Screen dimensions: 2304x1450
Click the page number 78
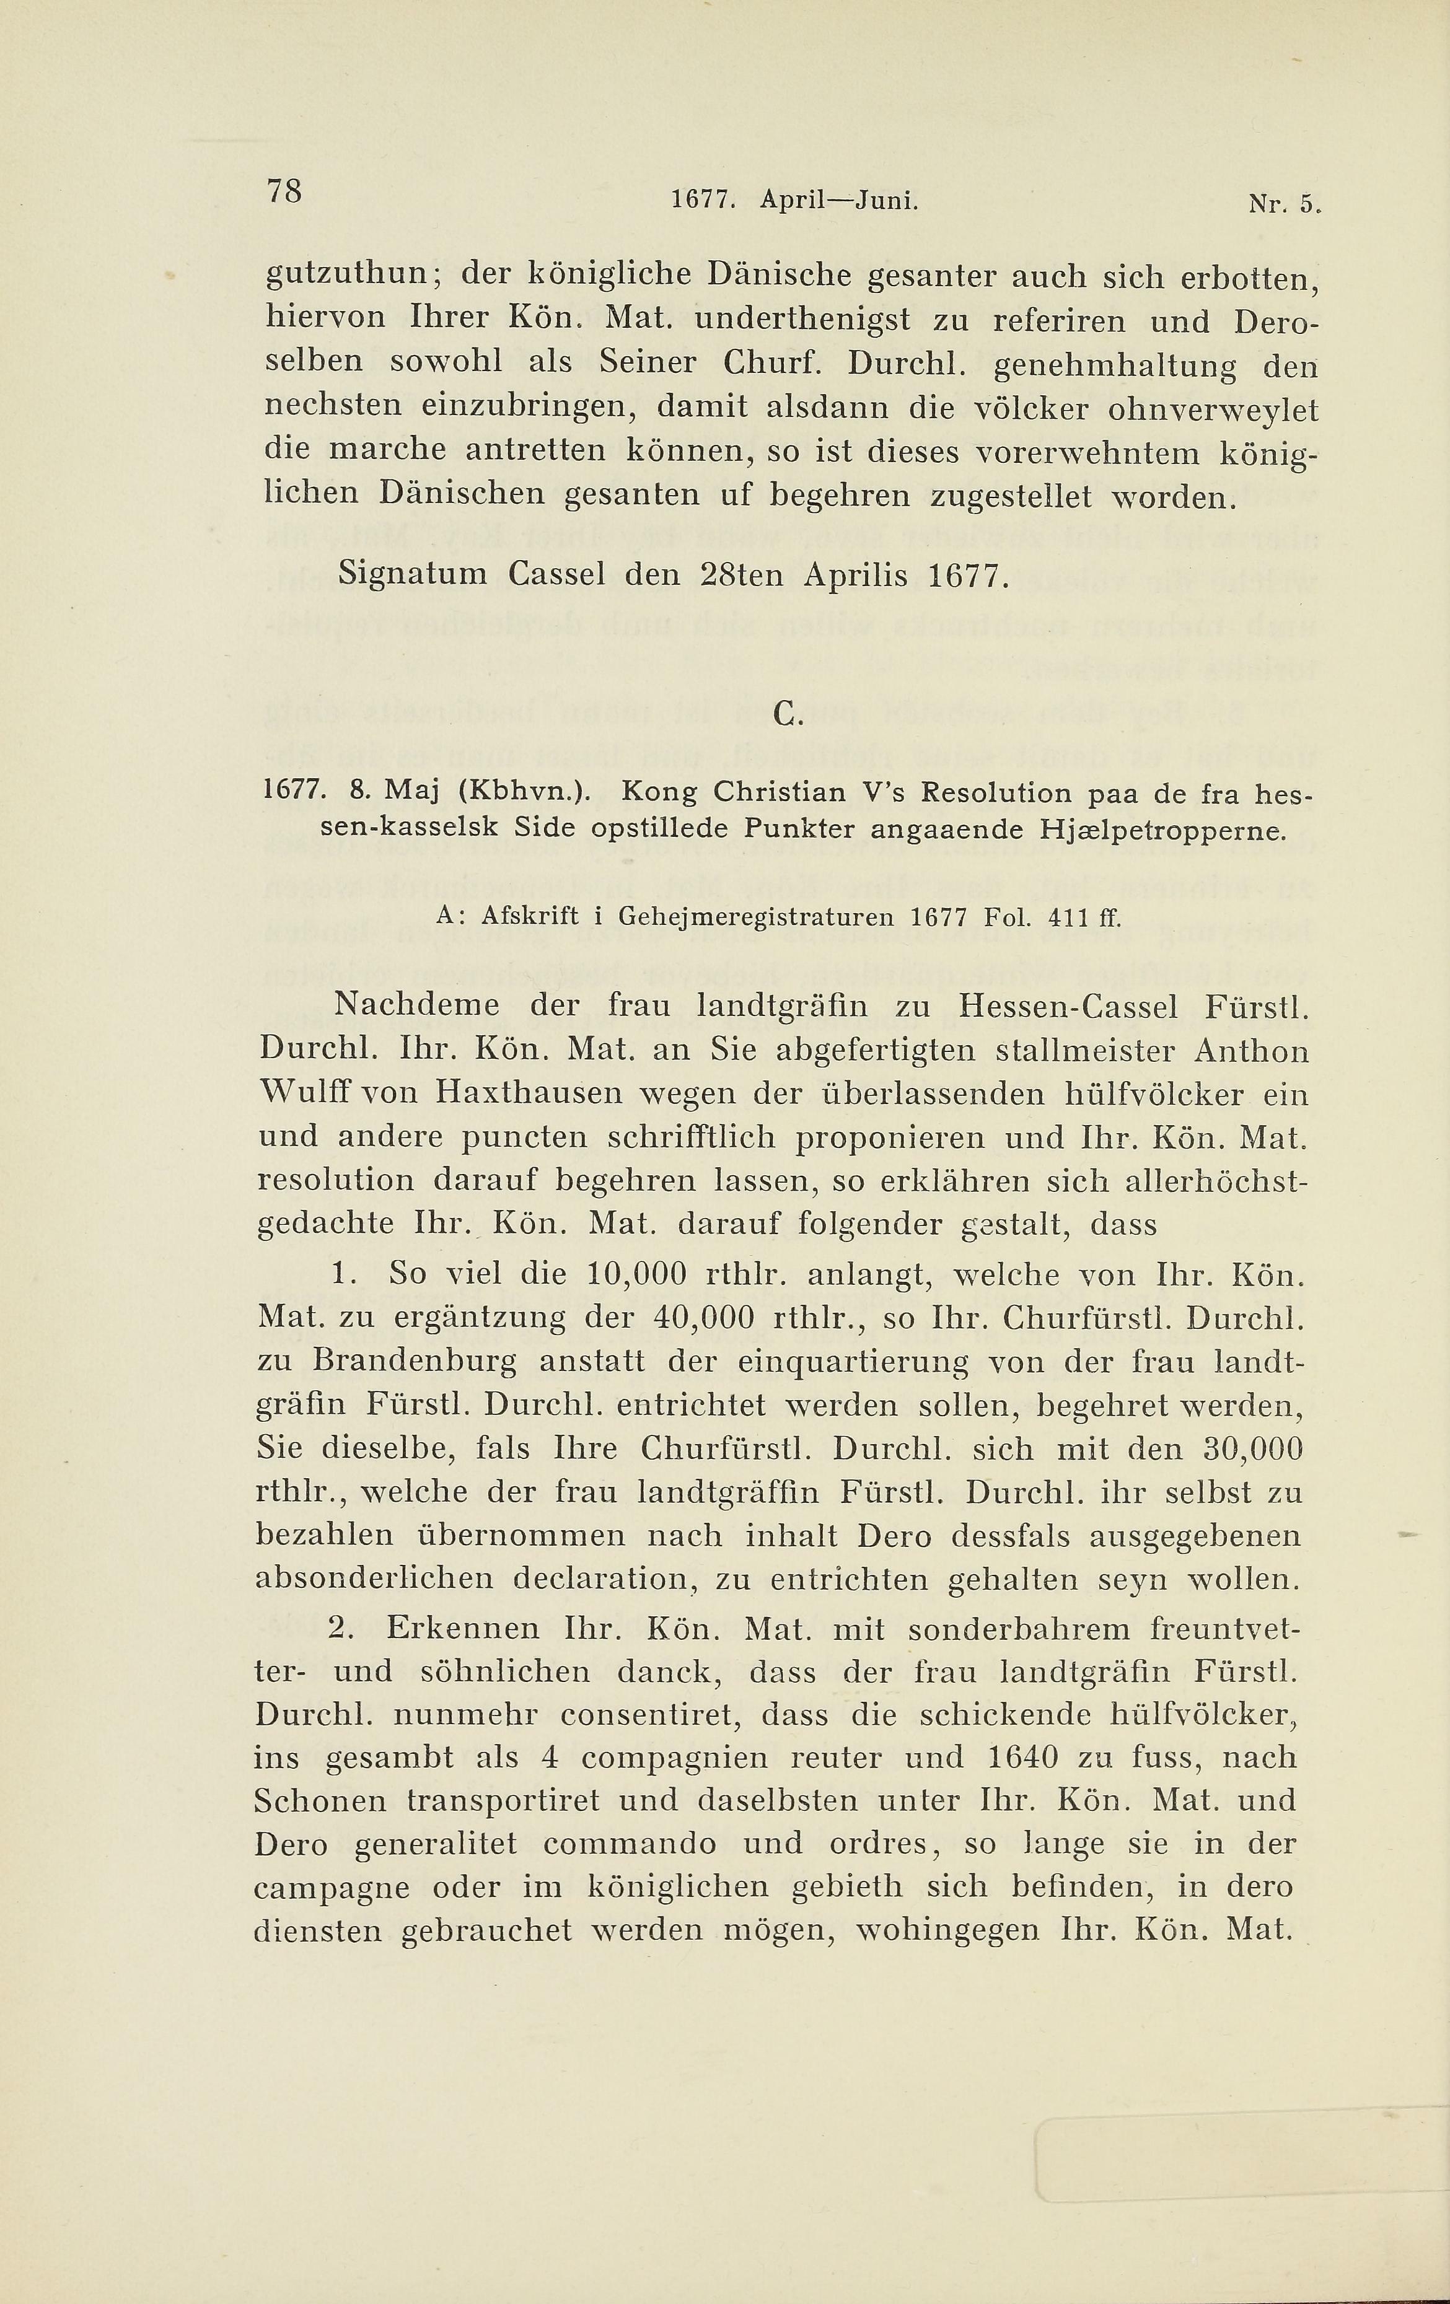[284, 191]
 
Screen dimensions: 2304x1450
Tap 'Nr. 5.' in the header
[1283, 203]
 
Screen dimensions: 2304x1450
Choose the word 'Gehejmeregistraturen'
[756, 917]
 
